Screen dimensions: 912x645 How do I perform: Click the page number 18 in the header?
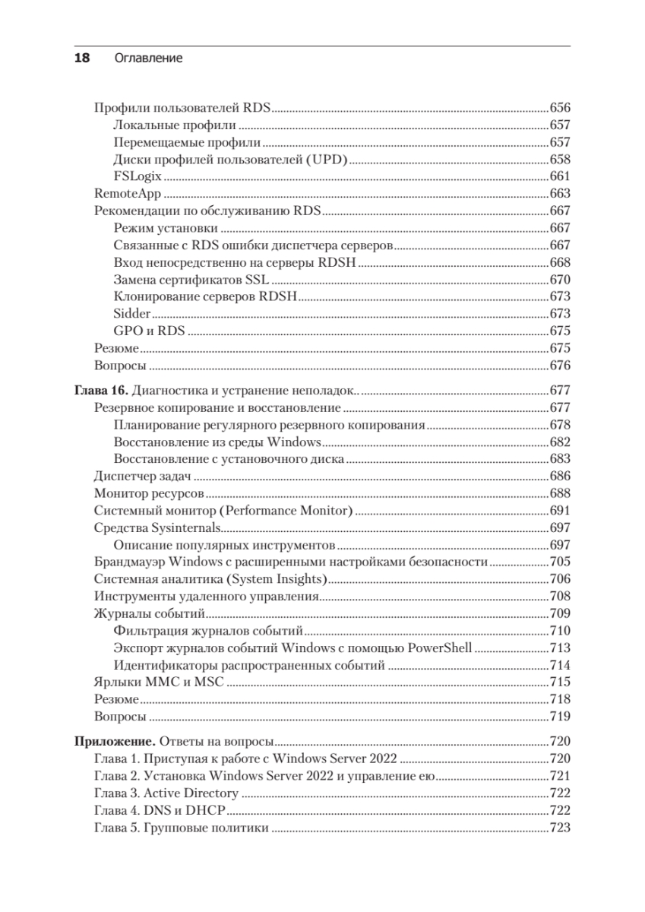pos(81,58)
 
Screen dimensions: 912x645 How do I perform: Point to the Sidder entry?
pos(131,313)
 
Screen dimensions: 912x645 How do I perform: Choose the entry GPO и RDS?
pos(150,331)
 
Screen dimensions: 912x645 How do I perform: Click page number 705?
pos(559,562)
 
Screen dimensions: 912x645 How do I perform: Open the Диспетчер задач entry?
pos(141,477)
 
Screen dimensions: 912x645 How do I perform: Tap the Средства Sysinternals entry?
pos(157,528)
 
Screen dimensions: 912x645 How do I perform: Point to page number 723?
pos(559,828)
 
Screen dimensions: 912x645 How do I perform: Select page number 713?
pos(559,648)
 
